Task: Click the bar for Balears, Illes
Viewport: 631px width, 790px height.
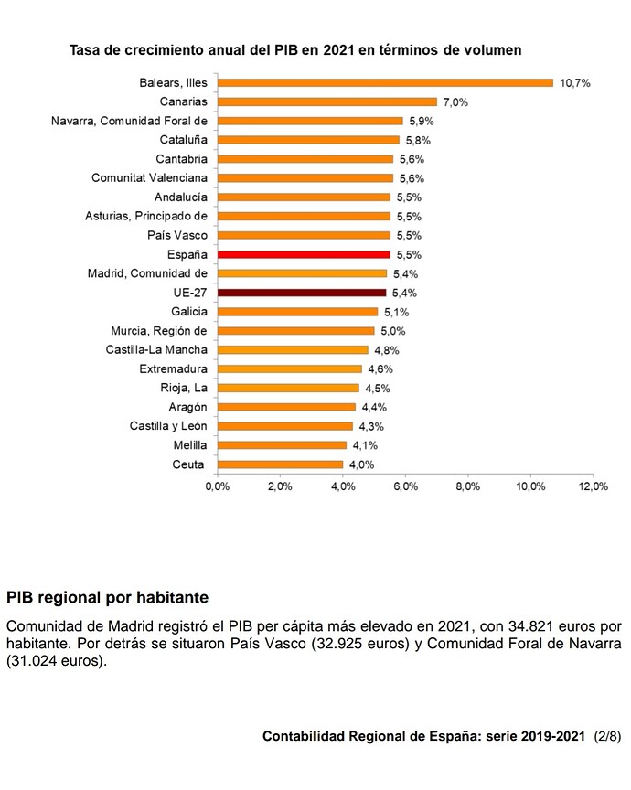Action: [385, 82]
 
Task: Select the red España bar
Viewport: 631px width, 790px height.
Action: [304, 254]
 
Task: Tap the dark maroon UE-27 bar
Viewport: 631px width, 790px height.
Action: [302, 293]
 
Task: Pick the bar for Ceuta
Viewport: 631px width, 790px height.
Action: [280, 464]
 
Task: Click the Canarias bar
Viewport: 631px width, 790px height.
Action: [327, 101]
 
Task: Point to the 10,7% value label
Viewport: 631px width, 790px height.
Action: [575, 83]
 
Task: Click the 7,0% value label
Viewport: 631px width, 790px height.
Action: [455, 102]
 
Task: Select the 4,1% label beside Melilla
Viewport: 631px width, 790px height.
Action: [365, 445]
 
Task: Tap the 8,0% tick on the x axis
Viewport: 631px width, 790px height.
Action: [467, 486]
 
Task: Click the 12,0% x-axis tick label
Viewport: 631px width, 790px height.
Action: [594, 486]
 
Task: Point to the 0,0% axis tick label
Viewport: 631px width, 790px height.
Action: [218, 486]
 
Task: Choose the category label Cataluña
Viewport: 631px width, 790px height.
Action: [184, 140]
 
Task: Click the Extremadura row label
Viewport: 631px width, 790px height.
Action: [174, 368]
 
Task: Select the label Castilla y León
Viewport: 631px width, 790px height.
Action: [168, 426]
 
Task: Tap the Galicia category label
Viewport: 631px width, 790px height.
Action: [189, 312]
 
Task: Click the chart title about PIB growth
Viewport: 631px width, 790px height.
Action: [295, 50]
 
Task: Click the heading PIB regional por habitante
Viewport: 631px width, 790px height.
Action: [107, 598]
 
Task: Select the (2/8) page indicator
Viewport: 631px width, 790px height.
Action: [607, 737]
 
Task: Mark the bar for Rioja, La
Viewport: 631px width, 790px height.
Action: [288, 388]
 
